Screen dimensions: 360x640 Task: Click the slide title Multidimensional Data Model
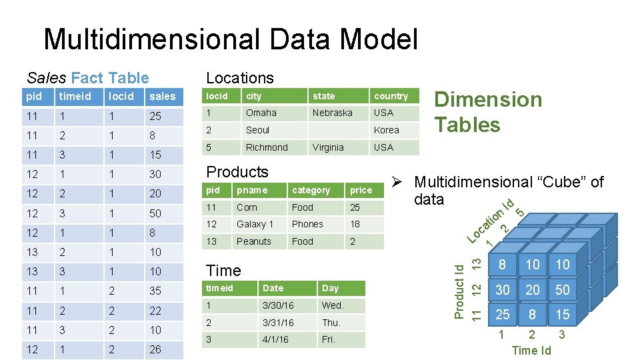(x=230, y=39)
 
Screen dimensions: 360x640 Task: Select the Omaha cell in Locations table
(x=261, y=113)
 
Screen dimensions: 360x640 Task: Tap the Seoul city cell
(x=257, y=130)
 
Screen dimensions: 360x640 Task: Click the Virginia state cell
(x=328, y=147)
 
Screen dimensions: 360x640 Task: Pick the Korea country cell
(x=387, y=130)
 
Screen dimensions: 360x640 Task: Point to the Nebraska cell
(x=332, y=113)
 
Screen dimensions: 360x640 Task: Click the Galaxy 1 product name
(x=255, y=224)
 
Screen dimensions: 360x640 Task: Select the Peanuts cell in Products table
(x=254, y=241)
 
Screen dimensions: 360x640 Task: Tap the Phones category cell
(x=307, y=224)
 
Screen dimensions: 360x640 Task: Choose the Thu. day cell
(x=331, y=323)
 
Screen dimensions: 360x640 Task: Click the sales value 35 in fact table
(x=155, y=291)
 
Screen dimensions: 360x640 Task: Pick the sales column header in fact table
(x=163, y=97)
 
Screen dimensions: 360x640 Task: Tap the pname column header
(x=252, y=190)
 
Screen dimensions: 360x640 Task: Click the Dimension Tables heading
(x=488, y=112)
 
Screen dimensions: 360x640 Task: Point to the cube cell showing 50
(x=563, y=289)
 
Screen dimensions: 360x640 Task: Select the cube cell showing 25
(x=502, y=314)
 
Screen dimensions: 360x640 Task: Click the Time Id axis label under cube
(x=531, y=350)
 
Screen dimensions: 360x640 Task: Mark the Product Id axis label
(x=459, y=290)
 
